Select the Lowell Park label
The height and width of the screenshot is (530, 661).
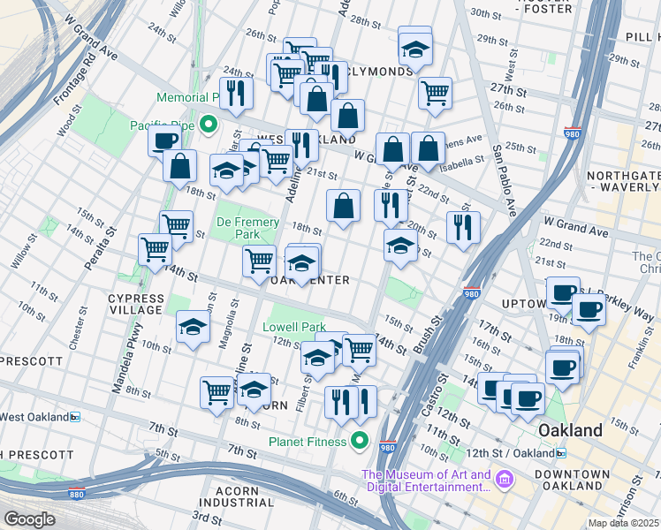point(294,327)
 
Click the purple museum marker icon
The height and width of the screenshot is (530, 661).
point(505,481)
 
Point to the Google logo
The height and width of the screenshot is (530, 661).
point(29,519)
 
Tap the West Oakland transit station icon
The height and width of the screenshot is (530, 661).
point(76,417)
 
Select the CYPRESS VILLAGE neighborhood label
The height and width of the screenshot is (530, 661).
point(136,304)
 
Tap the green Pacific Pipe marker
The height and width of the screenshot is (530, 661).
point(209,125)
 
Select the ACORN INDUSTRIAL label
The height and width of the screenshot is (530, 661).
point(247,496)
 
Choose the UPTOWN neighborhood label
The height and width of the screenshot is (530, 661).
point(522,304)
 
